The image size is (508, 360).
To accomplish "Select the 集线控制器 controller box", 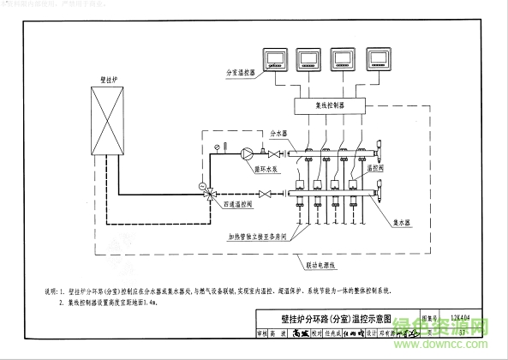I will pos(330,105).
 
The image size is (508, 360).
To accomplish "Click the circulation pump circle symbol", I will pos(248,154).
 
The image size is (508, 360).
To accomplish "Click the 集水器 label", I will pos(403,221).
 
